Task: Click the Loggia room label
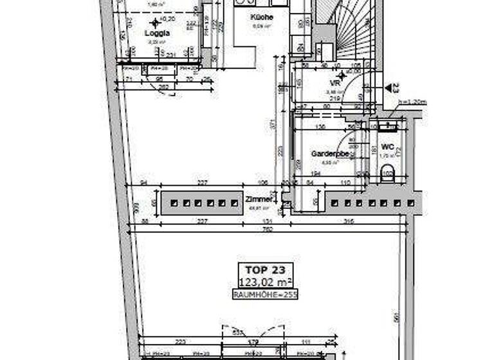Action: pos(158,33)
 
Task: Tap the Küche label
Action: pos(262,17)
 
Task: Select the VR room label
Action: pos(334,84)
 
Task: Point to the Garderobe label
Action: pos(330,154)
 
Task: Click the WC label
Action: pos(387,147)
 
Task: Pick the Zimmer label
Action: pos(259,200)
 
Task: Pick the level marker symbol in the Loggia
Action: pos(154,22)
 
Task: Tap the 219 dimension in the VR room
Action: pos(334,99)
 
